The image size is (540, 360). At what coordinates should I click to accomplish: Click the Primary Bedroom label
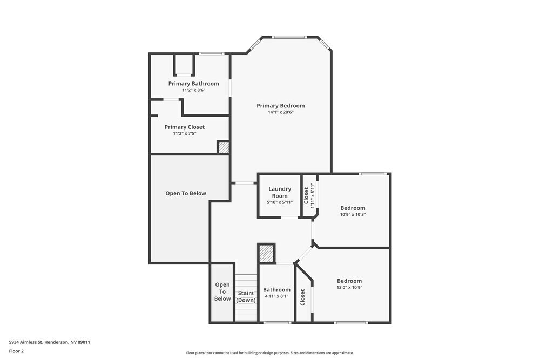[x=280, y=106]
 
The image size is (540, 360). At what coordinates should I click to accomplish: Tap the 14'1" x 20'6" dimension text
[x=280, y=113]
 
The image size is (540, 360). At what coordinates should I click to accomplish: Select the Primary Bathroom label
[x=193, y=84]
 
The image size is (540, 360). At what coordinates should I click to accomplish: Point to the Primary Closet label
[x=185, y=127]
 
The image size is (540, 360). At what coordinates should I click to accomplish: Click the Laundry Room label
[x=280, y=192]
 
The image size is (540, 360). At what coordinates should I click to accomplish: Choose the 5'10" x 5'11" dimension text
[x=280, y=202]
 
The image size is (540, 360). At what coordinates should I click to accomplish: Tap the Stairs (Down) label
[x=246, y=296]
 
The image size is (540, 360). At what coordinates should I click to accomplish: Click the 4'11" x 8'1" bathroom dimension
[x=276, y=296]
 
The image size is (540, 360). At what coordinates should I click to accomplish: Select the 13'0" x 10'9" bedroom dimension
[x=349, y=288]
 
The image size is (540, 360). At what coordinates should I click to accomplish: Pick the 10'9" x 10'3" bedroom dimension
[x=353, y=214]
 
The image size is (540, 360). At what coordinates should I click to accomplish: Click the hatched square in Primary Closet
[x=223, y=147]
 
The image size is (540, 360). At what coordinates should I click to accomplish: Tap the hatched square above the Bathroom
[x=266, y=253]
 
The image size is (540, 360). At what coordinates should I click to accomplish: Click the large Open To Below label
[x=186, y=193]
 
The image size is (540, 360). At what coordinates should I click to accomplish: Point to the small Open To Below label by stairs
[x=222, y=291]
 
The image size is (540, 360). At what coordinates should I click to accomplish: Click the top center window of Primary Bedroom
[x=289, y=37]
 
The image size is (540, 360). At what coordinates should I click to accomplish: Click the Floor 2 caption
[x=16, y=351]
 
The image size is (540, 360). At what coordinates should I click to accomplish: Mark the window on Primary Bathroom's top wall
[x=211, y=53]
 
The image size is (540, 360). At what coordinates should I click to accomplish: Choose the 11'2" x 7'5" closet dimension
[x=185, y=133]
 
